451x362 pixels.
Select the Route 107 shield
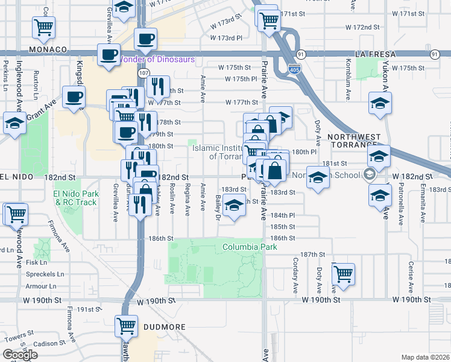(143, 72)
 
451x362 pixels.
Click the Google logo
(20, 355)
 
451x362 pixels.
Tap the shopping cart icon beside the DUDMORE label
(127, 326)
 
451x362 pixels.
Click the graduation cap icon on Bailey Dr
(234, 207)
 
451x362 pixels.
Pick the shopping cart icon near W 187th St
(343, 273)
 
